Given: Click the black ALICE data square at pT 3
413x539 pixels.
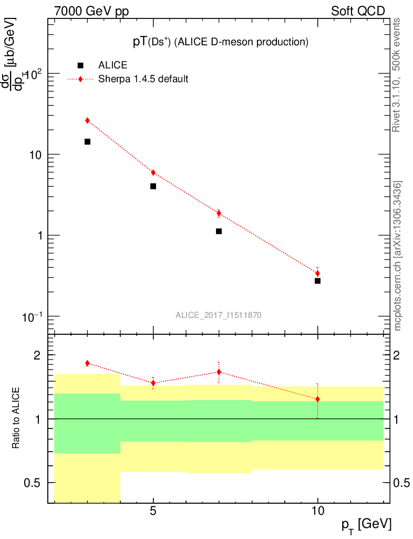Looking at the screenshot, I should click(x=87, y=142).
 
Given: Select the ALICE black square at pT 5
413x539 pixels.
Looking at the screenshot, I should click(x=153, y=186).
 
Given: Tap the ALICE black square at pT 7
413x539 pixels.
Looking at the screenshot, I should click(x=219, y=231).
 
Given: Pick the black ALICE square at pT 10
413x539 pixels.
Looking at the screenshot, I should click(x=317, y=281).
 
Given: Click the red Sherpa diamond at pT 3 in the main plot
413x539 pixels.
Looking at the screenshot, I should click(x=87, y=121).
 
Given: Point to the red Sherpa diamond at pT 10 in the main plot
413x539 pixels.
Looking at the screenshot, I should click(x=317, y=273).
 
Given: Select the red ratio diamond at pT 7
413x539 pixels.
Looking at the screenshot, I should click(x=219, y=372).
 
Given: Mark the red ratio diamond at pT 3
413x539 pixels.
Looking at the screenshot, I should click(x=87, y=363).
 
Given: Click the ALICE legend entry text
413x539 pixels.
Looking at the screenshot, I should click(x=112, y=65).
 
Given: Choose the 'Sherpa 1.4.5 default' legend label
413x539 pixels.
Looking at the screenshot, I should click(x=143, y=79).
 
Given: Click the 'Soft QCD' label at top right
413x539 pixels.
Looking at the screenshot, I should click(x=358, y=11).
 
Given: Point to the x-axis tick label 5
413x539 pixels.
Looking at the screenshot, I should click(x=153, y=511).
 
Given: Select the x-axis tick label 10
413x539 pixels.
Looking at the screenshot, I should click(x=317, y=511).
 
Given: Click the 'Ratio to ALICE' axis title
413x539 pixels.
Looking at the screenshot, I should click(x=17, y=418).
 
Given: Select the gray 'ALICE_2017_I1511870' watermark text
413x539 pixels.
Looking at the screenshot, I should click(x=219, y=315).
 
